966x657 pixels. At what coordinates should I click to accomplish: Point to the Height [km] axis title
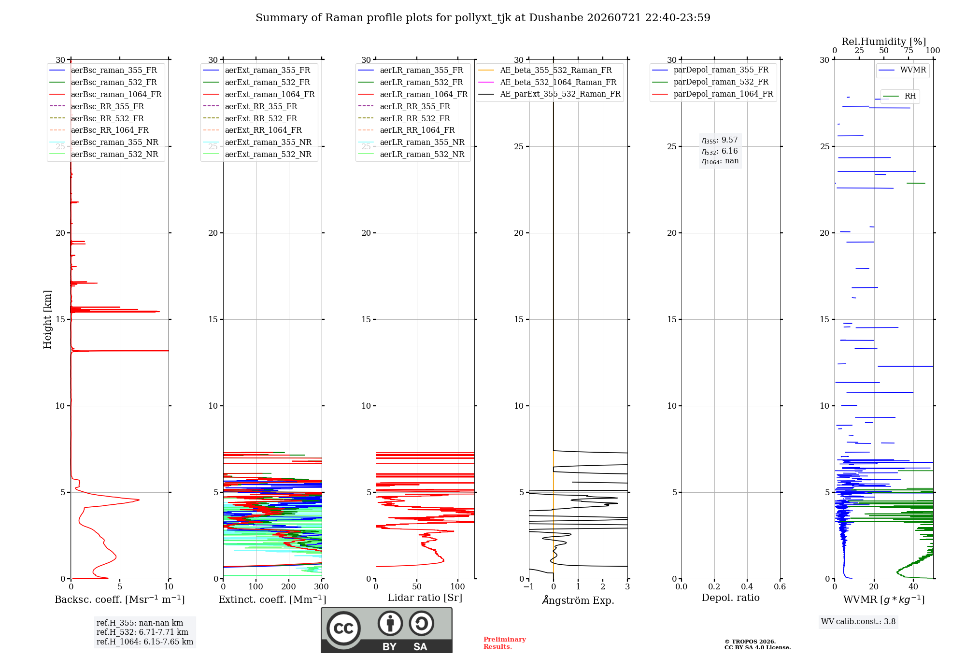[47, 319]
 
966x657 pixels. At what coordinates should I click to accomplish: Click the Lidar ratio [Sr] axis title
[425, 598]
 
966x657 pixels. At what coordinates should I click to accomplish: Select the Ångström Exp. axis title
[578, 600]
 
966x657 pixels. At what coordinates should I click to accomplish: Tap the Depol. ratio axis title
[731, 598]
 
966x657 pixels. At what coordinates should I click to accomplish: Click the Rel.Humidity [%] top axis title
[884, 42]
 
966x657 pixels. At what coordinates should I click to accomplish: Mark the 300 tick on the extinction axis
[321, 586]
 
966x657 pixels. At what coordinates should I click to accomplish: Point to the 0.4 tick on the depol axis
[747, 586]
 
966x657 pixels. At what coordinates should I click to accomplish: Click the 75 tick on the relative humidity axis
[908, 51]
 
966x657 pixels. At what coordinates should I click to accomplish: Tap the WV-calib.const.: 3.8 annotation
[858, 622]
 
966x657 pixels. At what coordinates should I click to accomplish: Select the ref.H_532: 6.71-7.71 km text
[142, 632]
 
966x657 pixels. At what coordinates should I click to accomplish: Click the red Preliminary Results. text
[505, 643]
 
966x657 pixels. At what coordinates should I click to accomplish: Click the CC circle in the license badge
[343, 628]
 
